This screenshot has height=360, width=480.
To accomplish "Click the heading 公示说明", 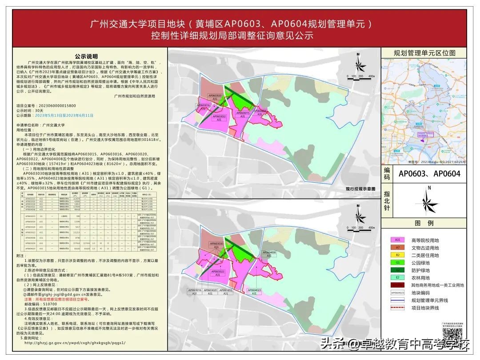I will [86, 56].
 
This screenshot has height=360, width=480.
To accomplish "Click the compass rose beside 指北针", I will [428, 203].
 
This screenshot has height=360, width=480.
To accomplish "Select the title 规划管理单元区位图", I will [425, 53].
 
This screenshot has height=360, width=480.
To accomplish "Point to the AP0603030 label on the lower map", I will [216, 244].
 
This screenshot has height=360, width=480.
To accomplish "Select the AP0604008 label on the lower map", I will [270, 253].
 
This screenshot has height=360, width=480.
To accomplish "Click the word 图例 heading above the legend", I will [424, 224].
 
